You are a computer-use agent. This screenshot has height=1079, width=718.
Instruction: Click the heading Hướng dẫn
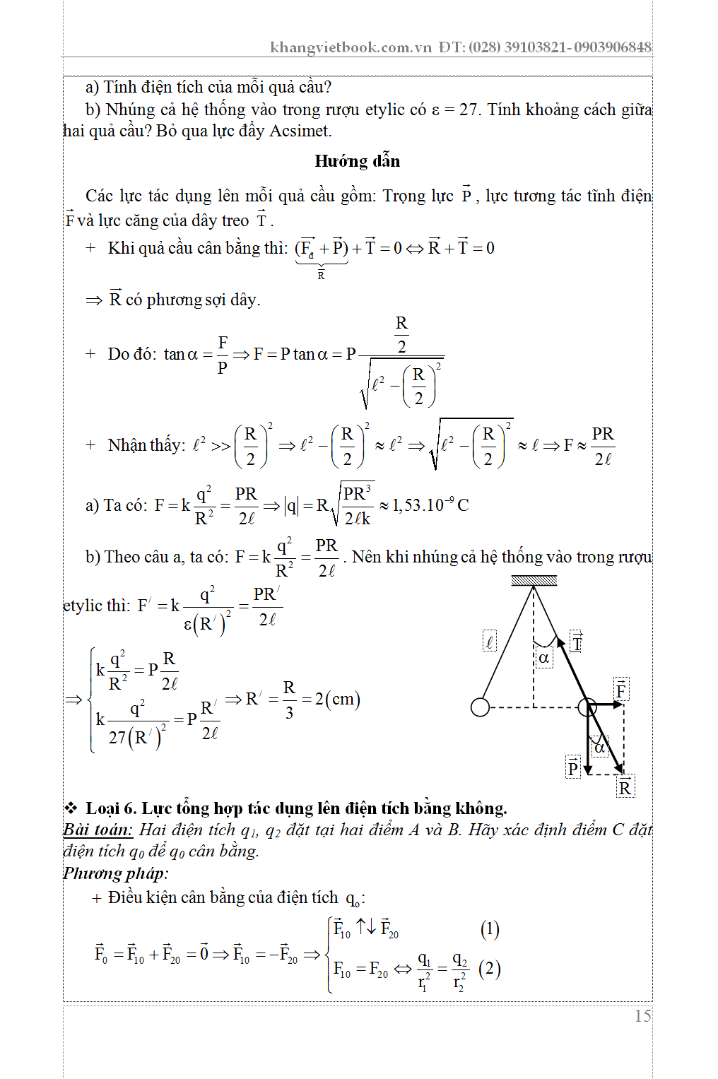[357, 161]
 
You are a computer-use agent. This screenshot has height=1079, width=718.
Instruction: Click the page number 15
[642, 1016]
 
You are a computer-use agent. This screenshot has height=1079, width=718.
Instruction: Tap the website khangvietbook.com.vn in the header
[351, 47]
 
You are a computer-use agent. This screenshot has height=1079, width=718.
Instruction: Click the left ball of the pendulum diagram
[480, 707]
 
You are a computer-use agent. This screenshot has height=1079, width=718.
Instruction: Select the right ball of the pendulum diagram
[587, 706]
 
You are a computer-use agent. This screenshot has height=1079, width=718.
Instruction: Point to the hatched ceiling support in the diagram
[534, 581]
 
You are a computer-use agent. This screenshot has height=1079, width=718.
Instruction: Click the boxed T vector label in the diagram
[577, 643]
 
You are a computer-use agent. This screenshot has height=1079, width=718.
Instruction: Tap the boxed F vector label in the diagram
[620, 690]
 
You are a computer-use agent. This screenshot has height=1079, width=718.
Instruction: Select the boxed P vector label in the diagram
[572, 767]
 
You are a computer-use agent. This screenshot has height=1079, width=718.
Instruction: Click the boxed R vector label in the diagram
[625, 786]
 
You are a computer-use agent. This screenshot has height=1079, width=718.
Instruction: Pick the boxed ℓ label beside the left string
[489, 642]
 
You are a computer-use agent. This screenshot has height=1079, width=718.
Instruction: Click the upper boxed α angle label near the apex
[543, 659]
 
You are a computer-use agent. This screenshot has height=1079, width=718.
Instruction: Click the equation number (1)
[489, 928]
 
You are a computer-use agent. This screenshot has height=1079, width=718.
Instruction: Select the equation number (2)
[489, 968]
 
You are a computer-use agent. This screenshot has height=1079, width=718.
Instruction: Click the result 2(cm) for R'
[337, 700]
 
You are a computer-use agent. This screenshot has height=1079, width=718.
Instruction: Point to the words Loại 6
[111, 808]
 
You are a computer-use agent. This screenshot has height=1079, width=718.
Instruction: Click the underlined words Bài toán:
[98, 830]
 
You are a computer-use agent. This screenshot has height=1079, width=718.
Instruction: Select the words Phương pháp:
[116, 873]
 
